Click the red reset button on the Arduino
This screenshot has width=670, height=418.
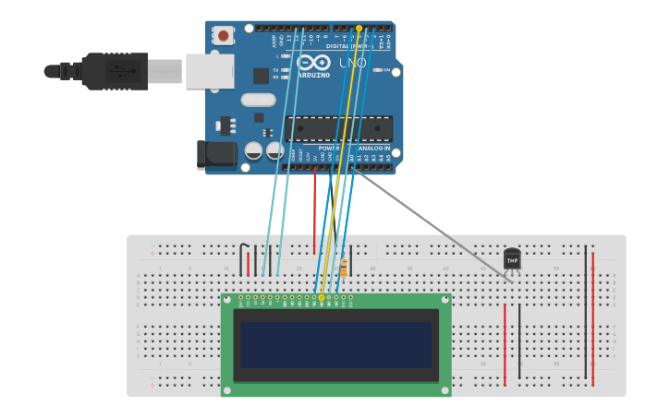tap(223, 35)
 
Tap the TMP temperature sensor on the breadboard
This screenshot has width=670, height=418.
tap(512, 259)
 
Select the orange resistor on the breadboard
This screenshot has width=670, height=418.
tap(344, 268)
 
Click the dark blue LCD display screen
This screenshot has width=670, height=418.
tap(336, 344)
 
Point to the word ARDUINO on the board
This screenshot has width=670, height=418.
tap(314, 75)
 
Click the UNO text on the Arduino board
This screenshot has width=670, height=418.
tap(353, 63)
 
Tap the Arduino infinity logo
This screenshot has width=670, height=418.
tap(313, 62)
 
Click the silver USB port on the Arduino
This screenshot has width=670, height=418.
tap(209, 71)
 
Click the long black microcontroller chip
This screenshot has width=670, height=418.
tap(338, 129)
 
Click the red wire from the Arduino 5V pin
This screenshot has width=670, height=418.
tap(314, 212)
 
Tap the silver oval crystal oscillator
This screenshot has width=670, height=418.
tap(259, 100)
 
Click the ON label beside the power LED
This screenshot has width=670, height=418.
tap(385, 69)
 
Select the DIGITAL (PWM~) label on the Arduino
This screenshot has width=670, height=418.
tap(349, 45)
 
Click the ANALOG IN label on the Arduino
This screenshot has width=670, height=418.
tap(373, 148)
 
